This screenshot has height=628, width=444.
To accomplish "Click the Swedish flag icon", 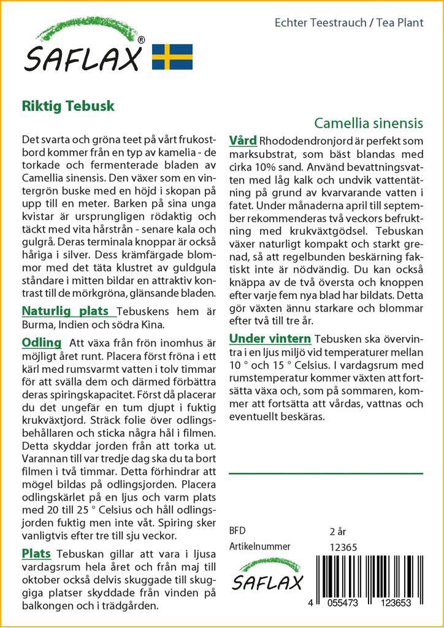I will coord(172,56).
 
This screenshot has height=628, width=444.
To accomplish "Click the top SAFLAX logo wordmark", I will coord(83,58).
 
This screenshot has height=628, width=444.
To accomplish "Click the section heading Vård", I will coord(243,140).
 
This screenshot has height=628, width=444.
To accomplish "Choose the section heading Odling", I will coord(42,342).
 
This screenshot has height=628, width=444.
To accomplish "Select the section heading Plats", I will coord(36,554).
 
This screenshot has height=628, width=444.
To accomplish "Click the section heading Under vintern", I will coord(270,339).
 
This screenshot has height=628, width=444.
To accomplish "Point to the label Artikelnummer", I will coord(259,546).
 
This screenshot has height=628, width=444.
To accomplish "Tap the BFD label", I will coord(237,530).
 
